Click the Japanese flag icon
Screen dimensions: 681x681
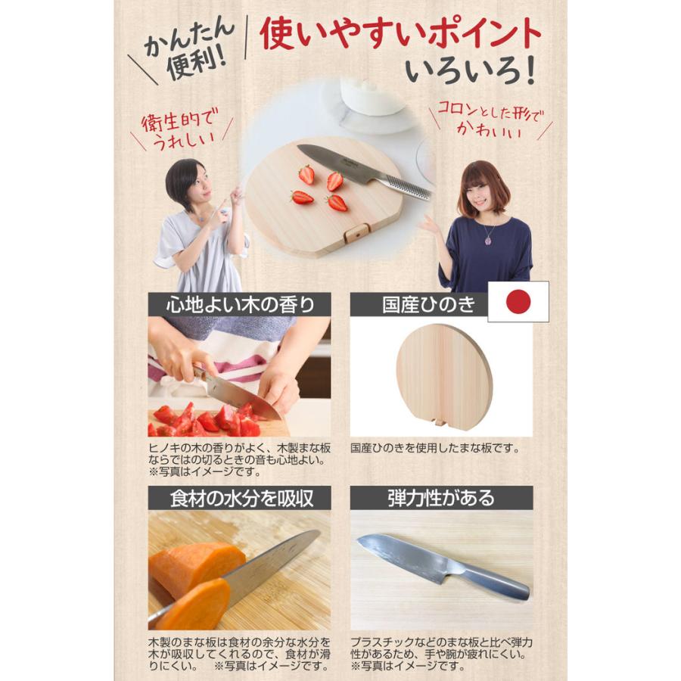(518, 301)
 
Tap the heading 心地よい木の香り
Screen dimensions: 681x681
(239, 304)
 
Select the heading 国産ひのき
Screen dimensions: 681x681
(428, 304)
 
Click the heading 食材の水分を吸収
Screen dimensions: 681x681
(239, 497)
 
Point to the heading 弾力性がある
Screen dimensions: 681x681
(440, 497)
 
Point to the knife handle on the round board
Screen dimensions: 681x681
(406, 187)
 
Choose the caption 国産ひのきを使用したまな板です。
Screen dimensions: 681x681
(435, 448)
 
